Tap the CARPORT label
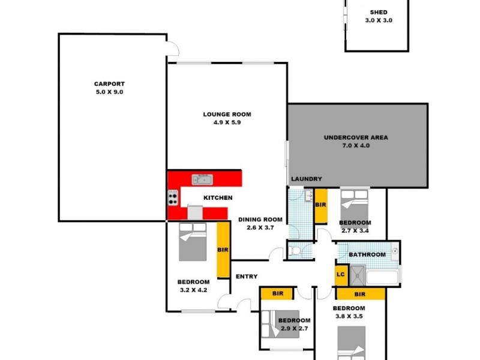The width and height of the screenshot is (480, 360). (109, 84)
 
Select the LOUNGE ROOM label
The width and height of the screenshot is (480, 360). (227, 114)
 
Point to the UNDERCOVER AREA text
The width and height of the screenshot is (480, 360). (356, 137)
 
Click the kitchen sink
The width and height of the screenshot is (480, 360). (202, 179)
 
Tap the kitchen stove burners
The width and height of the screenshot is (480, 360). (173, 197)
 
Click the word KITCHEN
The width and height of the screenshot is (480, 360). (218, 197)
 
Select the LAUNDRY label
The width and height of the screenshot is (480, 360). (307, 179)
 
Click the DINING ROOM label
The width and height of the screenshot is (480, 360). (260, 220)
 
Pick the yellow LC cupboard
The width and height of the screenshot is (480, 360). (341, 275)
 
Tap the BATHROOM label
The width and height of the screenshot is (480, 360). (367, 254)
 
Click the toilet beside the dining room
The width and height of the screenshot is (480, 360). (295, 251)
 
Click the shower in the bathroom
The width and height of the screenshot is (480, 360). (358, 275)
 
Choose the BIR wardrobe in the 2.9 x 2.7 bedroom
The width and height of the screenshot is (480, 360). (277, 293)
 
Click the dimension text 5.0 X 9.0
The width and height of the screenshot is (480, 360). (109, 92)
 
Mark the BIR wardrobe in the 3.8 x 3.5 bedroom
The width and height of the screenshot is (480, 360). (360, 294)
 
